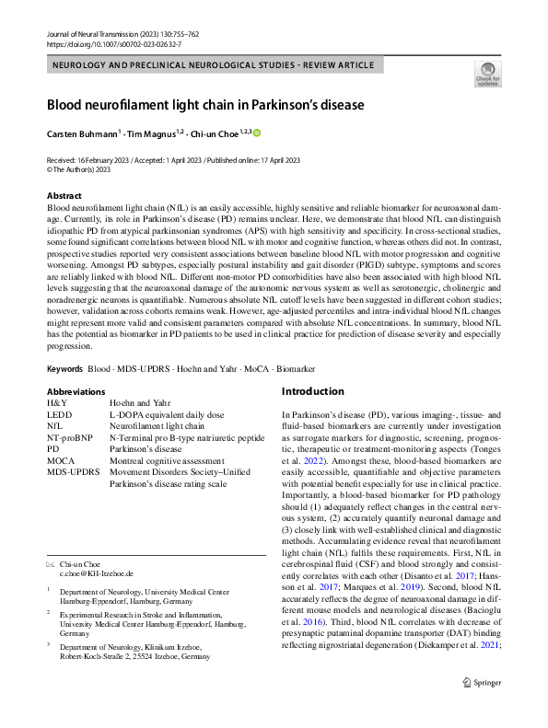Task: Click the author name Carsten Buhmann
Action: coord(83,133)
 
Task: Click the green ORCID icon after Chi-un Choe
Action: coord(258,133)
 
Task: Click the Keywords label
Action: coord(64,368)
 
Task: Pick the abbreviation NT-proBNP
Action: coord(72,437)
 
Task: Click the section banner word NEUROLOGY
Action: coord(83,65)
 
